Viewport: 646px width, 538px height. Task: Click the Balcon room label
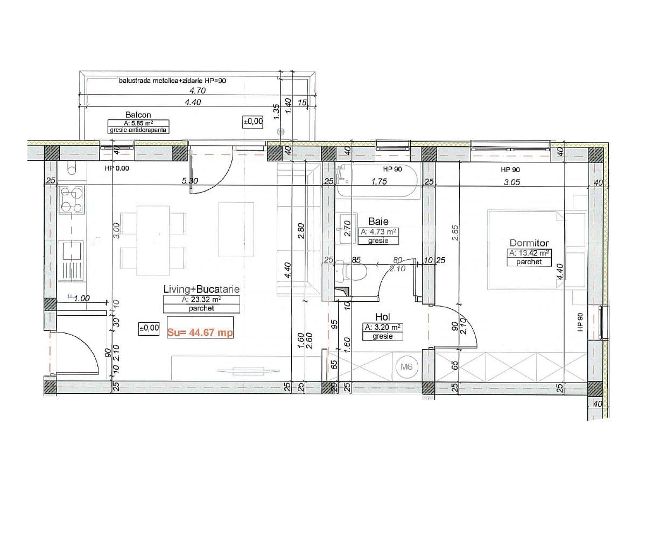138,115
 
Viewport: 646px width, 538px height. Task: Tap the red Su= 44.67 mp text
200,332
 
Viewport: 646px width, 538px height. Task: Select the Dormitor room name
529,243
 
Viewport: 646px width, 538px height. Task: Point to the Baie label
378,221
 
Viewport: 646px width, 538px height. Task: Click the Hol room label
383,317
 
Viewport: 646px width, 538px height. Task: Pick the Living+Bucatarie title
201,289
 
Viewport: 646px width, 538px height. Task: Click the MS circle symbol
407,367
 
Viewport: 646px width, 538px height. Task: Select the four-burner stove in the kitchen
72,200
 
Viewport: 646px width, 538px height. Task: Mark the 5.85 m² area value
138,123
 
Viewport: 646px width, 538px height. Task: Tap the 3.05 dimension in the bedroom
511,182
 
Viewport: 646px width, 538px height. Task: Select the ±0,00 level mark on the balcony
253,122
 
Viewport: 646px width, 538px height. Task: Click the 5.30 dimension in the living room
190,181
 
